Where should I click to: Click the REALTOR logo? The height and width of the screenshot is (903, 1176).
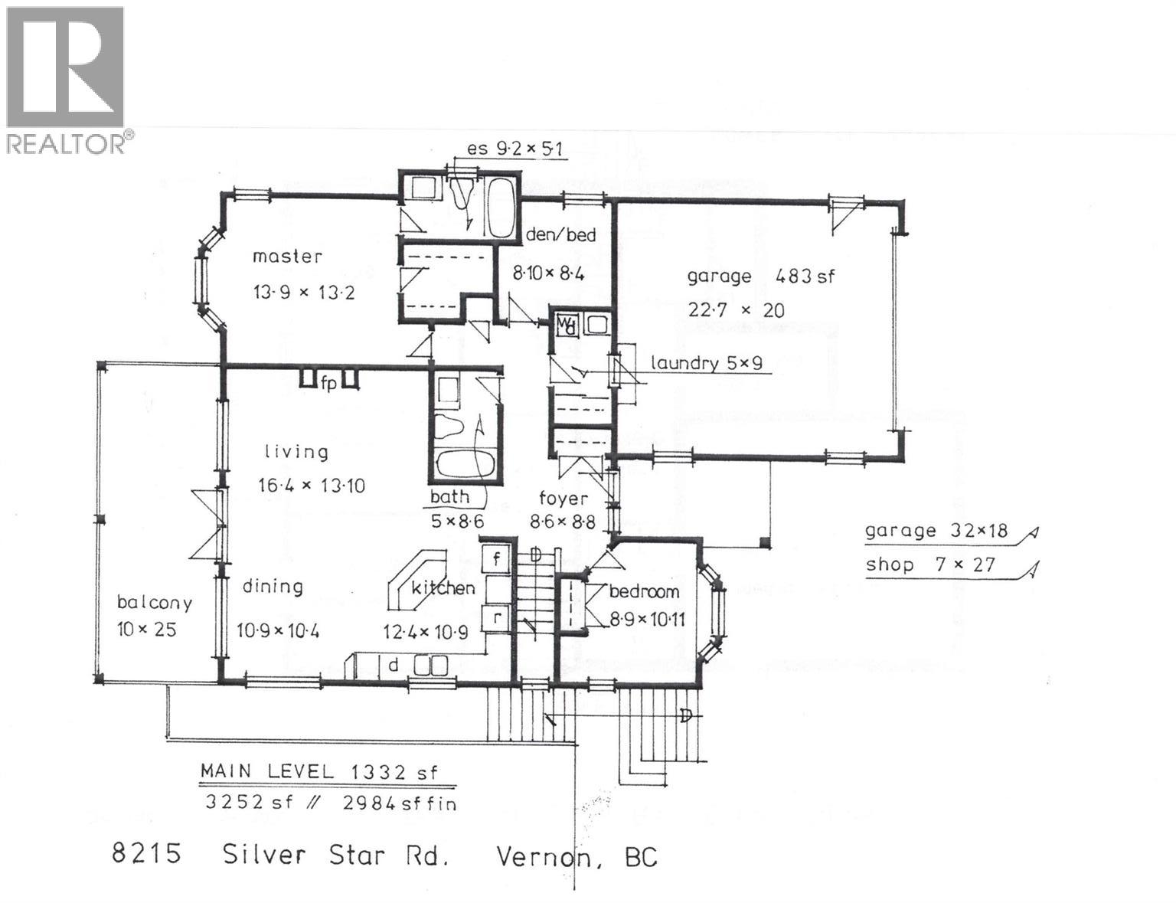click(65, 79)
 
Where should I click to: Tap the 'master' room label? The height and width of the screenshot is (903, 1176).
click(288, 257)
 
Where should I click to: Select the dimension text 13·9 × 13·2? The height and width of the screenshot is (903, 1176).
click(304, 293)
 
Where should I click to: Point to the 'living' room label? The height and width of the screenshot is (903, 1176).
click(296, 452)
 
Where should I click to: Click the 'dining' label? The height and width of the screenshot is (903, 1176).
click(273, 587)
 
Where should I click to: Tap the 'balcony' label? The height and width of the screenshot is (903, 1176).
click(154, 602)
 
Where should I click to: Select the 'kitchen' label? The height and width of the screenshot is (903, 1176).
click(443, 588)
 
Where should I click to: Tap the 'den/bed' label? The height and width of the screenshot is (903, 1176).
click(560, 234)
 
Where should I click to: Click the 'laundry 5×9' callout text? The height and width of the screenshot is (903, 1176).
click(706, 363)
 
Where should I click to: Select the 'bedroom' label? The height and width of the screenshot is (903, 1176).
click(644, 591)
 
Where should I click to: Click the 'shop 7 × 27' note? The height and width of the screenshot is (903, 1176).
click(930, 565)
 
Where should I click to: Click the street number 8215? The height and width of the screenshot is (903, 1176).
click(146, 853)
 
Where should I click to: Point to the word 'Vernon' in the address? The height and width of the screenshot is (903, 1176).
click(545, 856)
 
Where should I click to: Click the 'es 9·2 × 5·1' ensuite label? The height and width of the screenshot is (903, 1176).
click(516, 148)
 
